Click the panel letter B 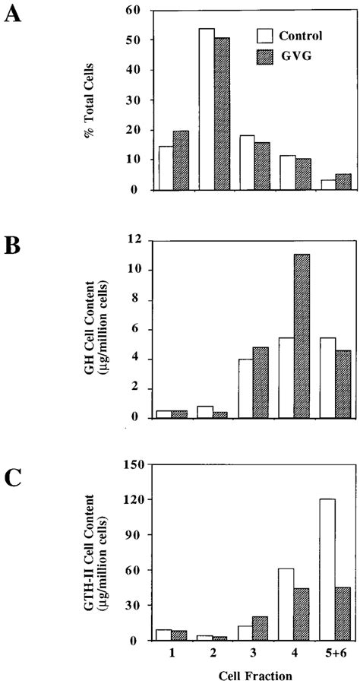coord(13,248)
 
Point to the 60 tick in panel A coord(138,10)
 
